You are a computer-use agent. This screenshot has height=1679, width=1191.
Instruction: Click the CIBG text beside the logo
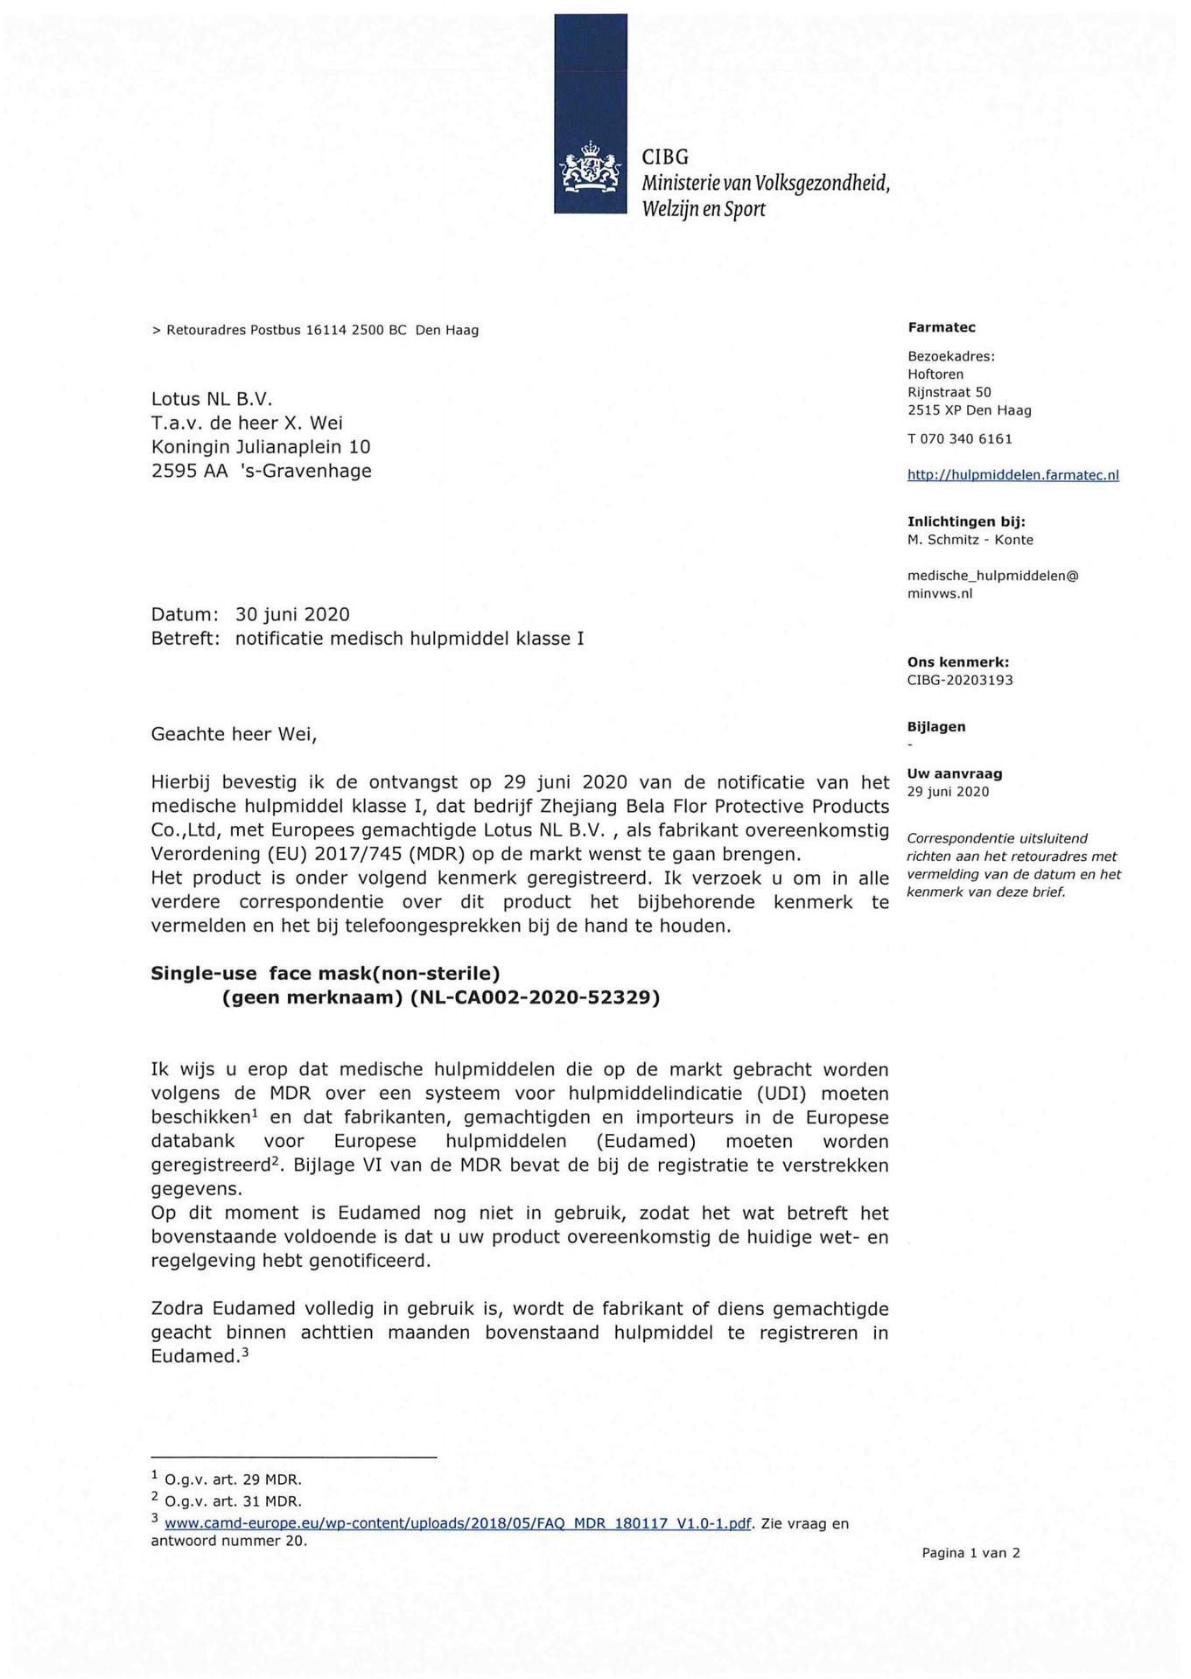click(665, 157)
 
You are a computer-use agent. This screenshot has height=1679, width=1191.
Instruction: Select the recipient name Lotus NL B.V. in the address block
click(212, 399)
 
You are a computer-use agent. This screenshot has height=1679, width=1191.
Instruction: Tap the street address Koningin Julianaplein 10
click(261, 447)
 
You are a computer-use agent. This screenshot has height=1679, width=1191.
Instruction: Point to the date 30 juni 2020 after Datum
click(292, 615)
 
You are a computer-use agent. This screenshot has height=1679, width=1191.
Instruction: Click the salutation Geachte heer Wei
click(234, 734)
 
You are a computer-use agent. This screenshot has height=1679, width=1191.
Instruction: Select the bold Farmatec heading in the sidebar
click(941, 327)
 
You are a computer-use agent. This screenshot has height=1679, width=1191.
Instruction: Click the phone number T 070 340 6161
click(959, 438)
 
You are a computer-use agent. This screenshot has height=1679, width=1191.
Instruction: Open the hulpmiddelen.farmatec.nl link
click(1012, 475)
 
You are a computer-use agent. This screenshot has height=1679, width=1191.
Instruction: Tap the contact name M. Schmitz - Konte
click(970, 540)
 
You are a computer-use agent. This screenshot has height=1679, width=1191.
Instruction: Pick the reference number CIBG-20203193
click(960, 680)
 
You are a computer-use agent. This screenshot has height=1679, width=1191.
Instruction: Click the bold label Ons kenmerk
click(957, 662)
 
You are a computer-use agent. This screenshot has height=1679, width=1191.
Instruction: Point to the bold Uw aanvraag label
click(955, 773)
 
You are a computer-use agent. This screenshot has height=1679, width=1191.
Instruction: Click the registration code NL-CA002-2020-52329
click(535, 997)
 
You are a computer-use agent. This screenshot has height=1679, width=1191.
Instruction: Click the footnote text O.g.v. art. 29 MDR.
click(232, 1480)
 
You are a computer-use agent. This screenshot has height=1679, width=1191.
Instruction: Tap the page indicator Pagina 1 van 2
click(970, 1553)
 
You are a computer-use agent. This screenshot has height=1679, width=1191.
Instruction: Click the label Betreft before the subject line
click(185, 639)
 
